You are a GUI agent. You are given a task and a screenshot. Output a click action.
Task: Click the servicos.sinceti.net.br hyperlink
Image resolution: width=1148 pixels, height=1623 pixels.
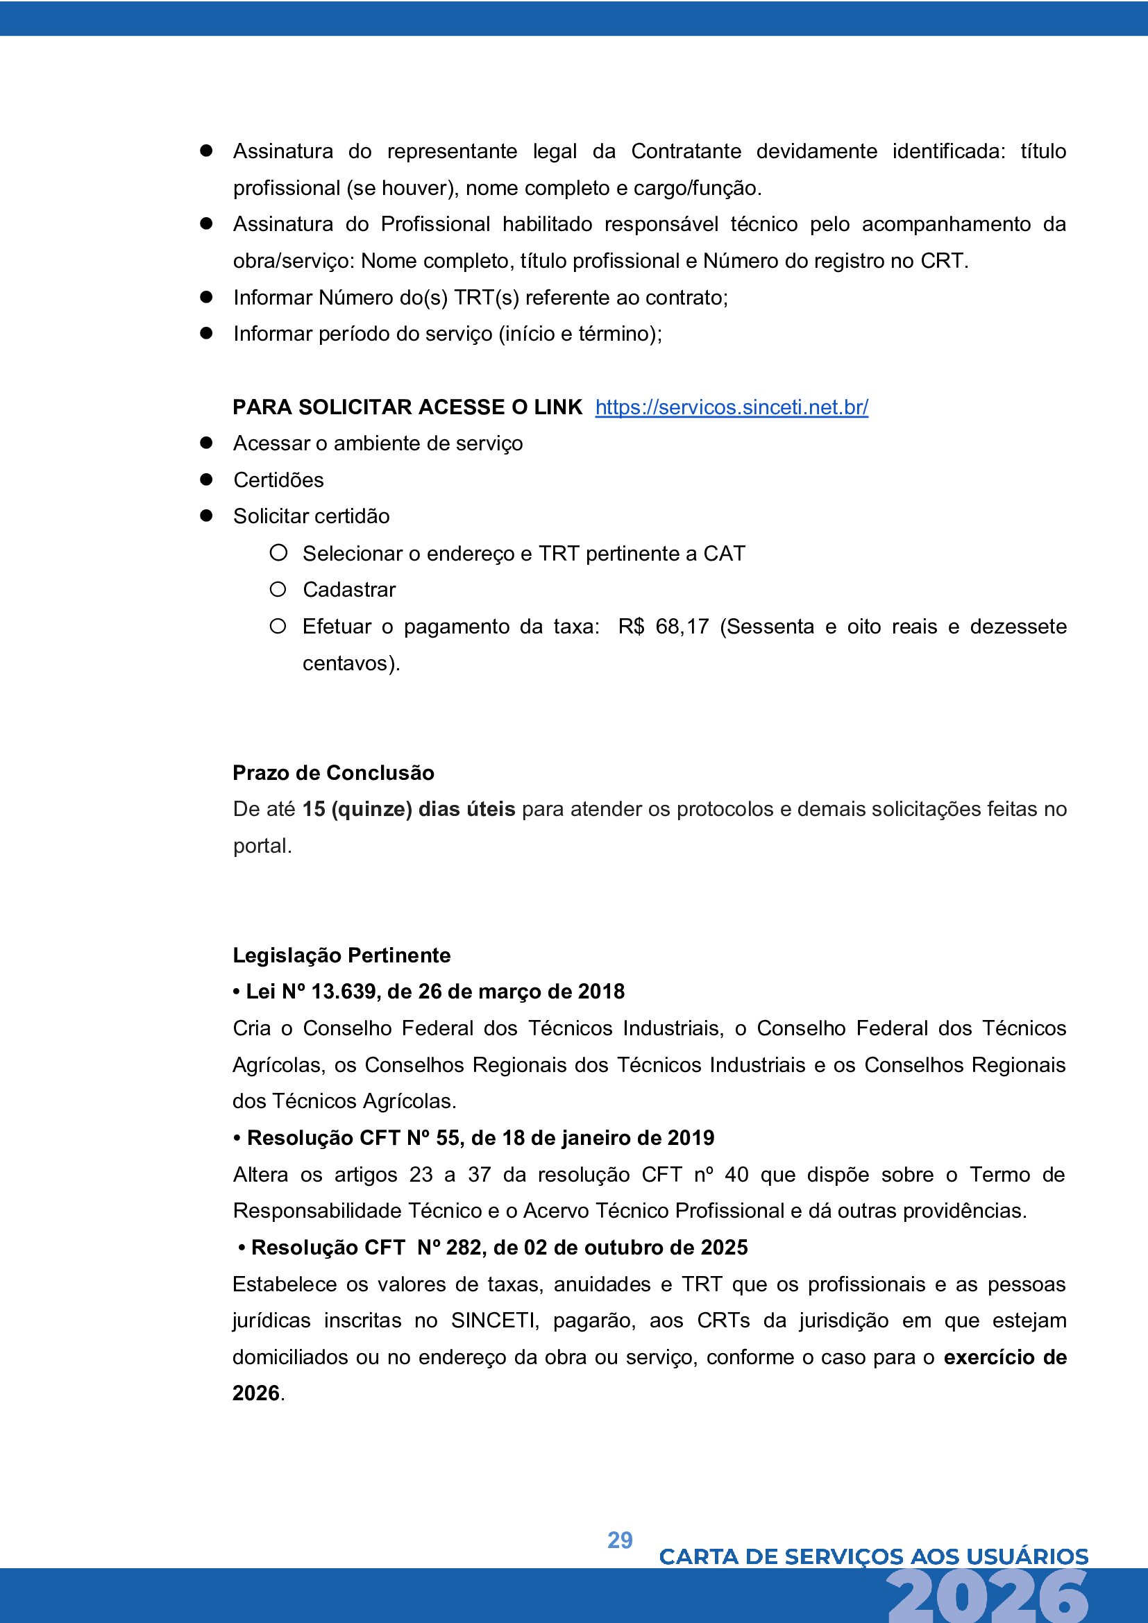(x=731, y=407)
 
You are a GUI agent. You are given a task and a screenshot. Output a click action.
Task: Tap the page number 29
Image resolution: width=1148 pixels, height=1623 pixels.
(x=620, y=1540)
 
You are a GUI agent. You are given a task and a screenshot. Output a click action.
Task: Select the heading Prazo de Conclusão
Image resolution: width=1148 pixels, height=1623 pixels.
(x=333, y=772)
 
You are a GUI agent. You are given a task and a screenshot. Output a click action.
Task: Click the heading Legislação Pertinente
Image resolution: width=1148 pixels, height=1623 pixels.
(x=341, y=955)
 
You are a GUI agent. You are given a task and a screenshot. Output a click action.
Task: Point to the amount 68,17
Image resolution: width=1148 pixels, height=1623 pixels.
(x=682, y=627)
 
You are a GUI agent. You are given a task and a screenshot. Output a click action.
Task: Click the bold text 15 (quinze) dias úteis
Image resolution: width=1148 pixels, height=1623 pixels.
(x=409, y=808)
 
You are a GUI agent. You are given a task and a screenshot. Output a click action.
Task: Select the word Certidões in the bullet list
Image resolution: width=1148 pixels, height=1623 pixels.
(x=278, y=480)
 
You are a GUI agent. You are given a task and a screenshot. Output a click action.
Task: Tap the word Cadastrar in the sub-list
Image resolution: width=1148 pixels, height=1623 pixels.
(x=349, y=590)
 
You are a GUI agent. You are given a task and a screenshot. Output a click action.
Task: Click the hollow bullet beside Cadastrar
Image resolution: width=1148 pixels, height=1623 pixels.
(x=278, y=589)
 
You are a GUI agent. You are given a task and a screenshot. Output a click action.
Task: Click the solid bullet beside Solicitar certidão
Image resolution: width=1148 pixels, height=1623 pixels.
(x=206, y=516)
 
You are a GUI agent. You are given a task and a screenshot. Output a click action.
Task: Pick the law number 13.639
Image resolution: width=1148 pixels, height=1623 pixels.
(x=343, y=991)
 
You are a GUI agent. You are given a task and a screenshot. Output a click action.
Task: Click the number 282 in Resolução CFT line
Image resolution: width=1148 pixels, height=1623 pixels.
(x=463, y=1247)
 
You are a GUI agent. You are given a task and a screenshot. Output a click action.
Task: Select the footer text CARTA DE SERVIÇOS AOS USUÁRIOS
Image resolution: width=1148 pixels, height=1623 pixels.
(x=873, y=1556)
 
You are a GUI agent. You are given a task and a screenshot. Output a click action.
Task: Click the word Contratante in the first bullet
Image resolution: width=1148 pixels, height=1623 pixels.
(x=686, y=151)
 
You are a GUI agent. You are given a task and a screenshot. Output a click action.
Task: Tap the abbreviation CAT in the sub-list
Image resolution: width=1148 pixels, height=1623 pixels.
(x=724, y=554)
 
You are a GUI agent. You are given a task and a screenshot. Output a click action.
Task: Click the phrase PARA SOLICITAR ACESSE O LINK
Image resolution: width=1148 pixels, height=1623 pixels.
(x=407, y=407)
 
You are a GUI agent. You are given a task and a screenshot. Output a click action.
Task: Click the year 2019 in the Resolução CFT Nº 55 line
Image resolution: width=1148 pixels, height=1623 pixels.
(x=691, y=1137)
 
